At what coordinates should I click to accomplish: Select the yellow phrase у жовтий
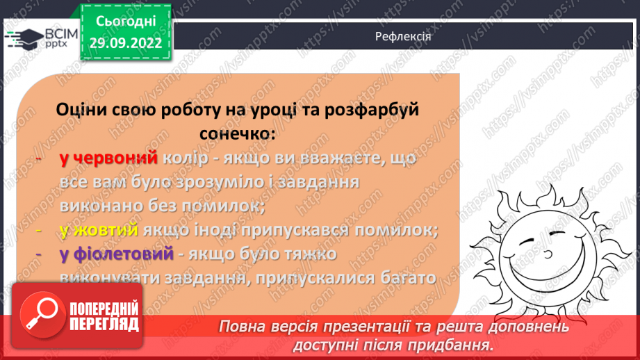pyautogui.click(x=99, y=230)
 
